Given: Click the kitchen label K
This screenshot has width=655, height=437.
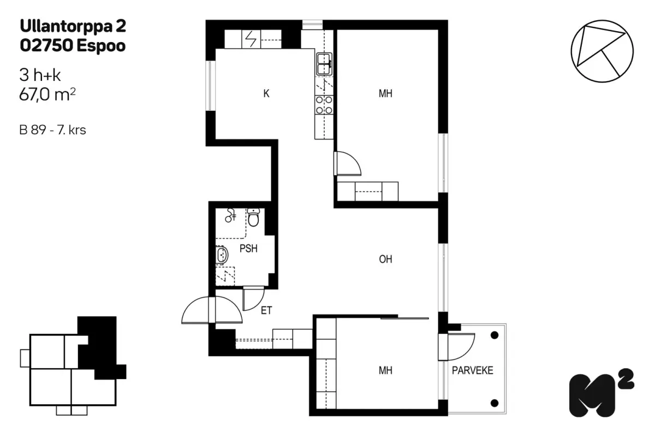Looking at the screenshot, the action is click(x=266, y=93).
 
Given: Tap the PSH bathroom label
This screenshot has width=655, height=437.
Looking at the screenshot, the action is click(x=248, y=249).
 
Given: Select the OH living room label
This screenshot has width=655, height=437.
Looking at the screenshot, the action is click(x=385, y=259).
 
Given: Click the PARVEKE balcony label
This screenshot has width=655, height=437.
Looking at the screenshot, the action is click(x=473, y=370).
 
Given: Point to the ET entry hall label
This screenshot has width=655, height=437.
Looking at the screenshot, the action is click(x=266, y=310).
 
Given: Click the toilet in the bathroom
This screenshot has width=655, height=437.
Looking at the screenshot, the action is click(x=253, y=217).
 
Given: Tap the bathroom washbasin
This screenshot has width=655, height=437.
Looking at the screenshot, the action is click(x=222, y=255).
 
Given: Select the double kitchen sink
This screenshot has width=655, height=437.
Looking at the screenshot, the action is click(x=324, y=64).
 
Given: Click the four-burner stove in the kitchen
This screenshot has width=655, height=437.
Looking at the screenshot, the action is click(x=324, y=105).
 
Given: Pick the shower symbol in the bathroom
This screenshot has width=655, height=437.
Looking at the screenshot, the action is click(x=230, y=215).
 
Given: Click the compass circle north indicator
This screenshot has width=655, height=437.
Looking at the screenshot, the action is click(x=602, y=51).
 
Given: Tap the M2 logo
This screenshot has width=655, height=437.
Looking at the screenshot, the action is click(x=602, y=393).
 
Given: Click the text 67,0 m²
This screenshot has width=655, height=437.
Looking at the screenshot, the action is click(x=47, y=95).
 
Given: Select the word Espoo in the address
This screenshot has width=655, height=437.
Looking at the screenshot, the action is click(x=101, y=46).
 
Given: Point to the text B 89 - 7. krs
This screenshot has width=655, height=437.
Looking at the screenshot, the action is click(x=52, y=130).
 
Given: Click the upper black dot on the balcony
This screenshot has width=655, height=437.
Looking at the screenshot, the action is click(x=495, y=335).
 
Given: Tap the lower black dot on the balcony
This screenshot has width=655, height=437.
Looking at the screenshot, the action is click(x=495, y=403).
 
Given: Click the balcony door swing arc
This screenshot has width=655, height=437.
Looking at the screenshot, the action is click(x=467, y=351).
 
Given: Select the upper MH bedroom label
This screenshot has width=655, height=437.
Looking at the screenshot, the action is click(x=385, y=93).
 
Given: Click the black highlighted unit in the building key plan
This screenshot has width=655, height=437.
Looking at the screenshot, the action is click(x=99, y=349).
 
